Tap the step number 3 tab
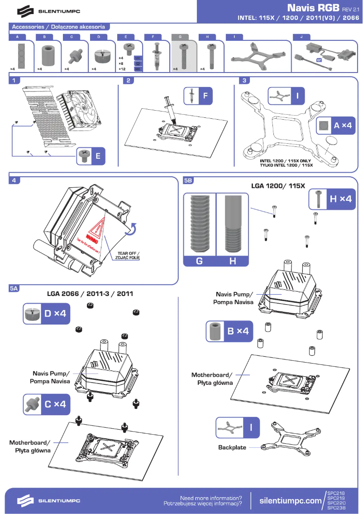click(245, 81)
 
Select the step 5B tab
click(188, 180)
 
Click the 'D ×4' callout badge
click(47, 313)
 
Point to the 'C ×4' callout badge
click(47, 403)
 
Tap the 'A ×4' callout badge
click(335, 126)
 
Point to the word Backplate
click(232, 447)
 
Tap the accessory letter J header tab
click(302, 36)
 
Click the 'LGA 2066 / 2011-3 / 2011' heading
click(90, 293)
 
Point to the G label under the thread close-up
click(200, 262)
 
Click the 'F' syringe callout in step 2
click(199, 96)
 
